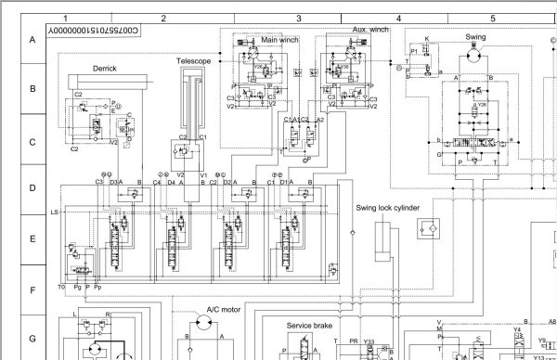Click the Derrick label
(x=104, y=69)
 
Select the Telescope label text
(x=194, y=61)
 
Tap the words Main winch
(x=279, y=40)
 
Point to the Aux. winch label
(x=370, y=31)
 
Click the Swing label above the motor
(x=475, y=37)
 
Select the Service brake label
(x=310, y=326)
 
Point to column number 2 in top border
(x=163, y=18)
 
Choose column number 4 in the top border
(x=398, y=18)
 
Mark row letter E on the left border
(x=32, y=238)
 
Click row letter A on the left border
(x=32, y=40)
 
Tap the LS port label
(x=55, y=212)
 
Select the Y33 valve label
(x=369, y=341)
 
